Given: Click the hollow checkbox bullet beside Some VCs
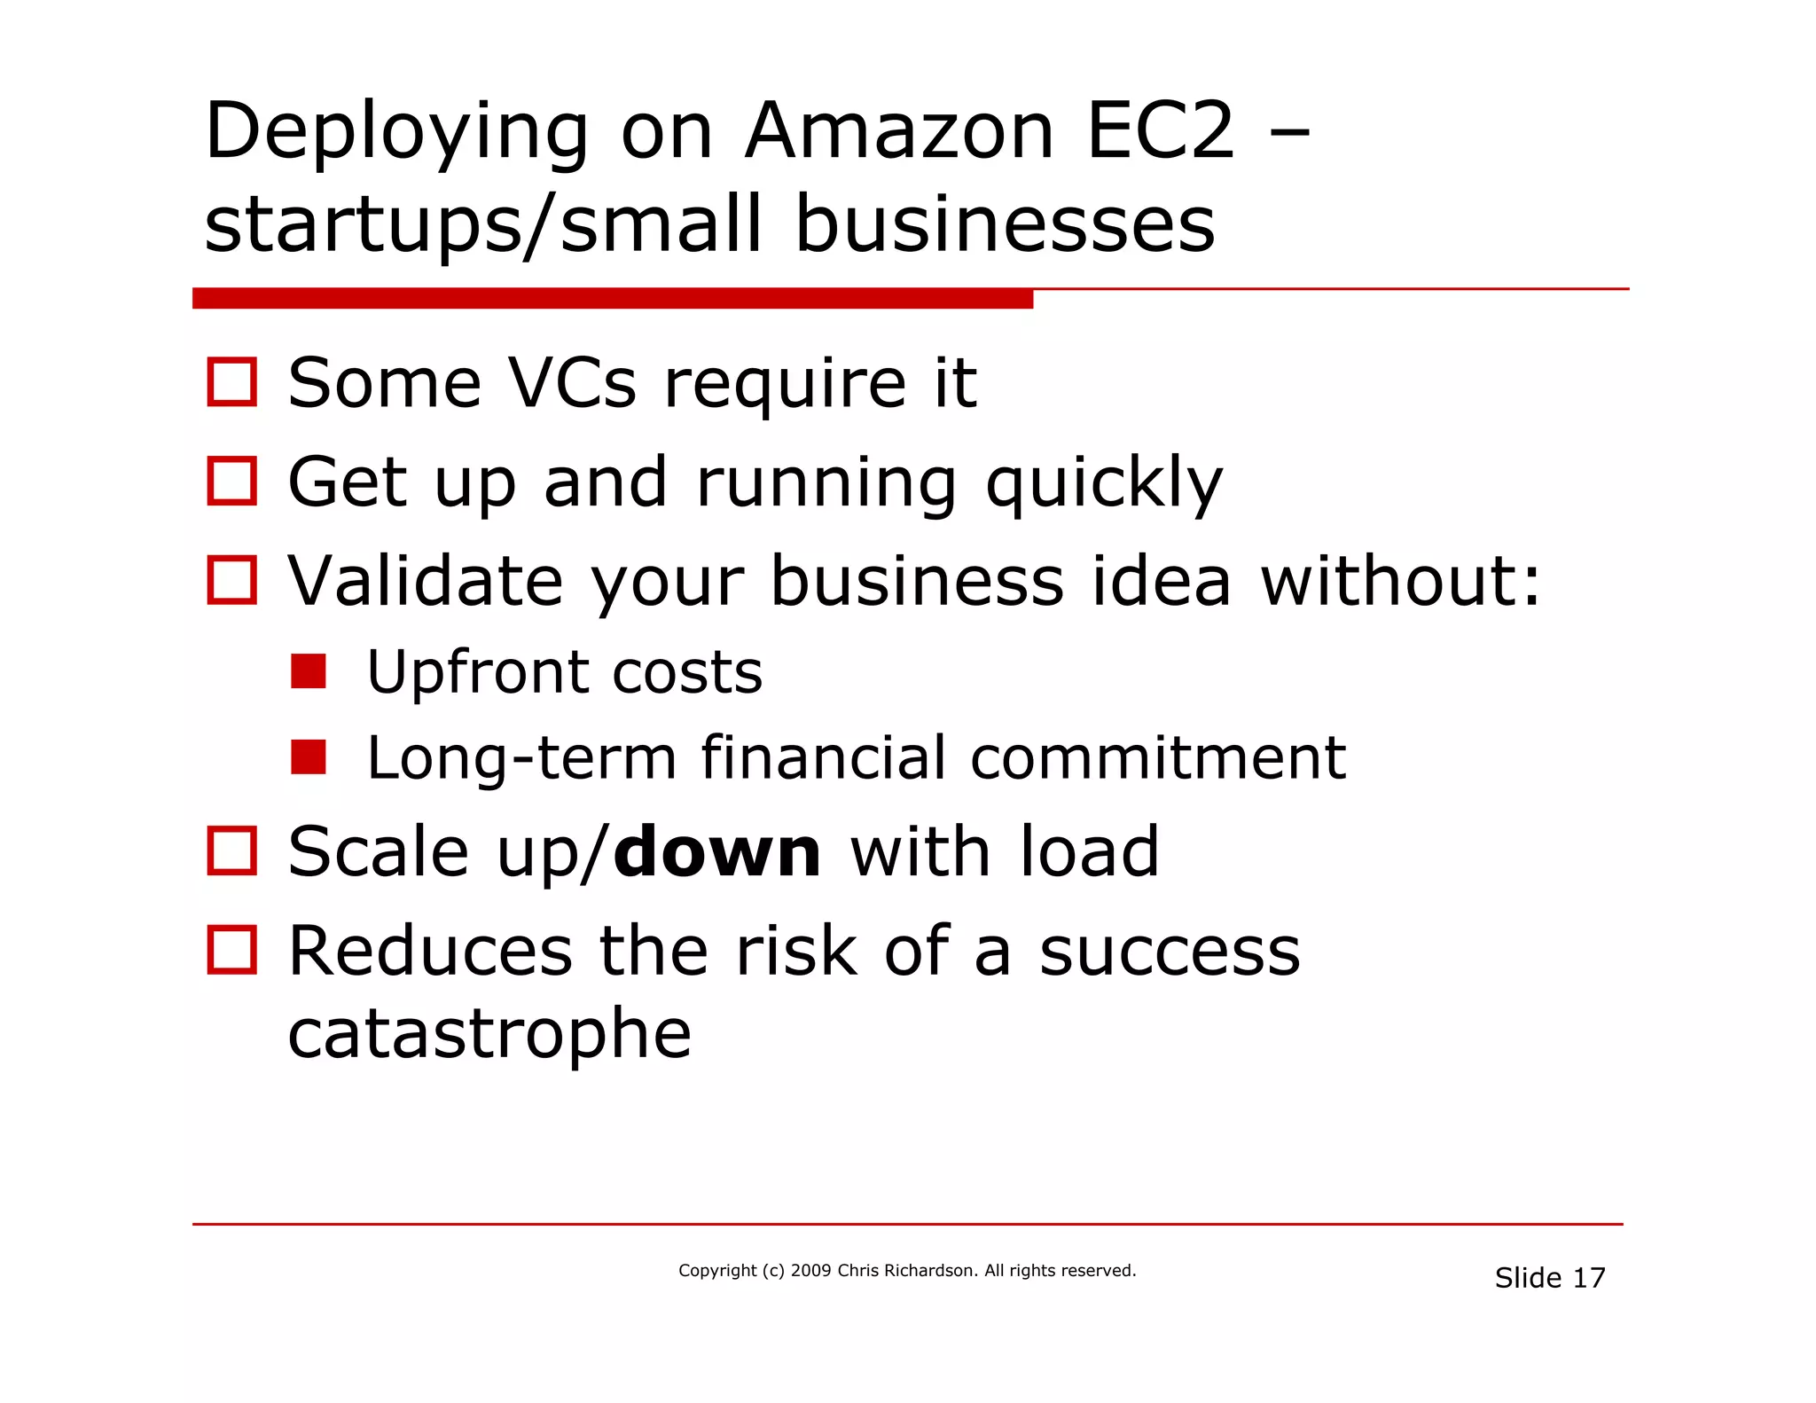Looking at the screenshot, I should (231, 382).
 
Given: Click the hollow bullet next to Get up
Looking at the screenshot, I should (231, 482).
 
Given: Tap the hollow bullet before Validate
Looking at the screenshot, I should (231, 580).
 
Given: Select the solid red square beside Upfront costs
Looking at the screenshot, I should (309, 671).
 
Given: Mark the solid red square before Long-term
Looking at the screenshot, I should (309, 757).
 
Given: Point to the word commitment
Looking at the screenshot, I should (1158, 758).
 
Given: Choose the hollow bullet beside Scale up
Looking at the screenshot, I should (231, 850).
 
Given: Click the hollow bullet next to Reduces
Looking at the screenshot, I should (231, 950).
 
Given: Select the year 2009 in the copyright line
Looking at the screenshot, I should (810, 1271).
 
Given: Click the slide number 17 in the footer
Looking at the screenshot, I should (1589, 1278).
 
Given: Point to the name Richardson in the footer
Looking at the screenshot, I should (930, 1271).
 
